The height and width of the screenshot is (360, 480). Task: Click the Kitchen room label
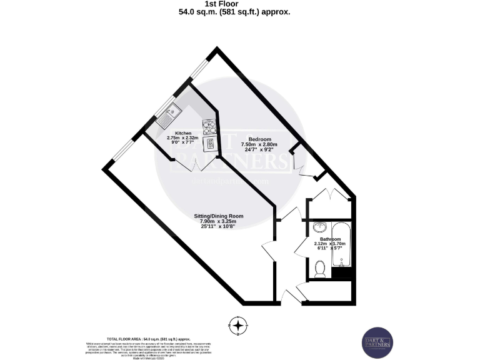pos(183,133)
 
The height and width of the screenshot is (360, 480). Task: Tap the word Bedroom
pos(259,139)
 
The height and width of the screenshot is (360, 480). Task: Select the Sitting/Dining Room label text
pos(217,216)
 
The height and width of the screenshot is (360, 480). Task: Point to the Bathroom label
pos(330,239)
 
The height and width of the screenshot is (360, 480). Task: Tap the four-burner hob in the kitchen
pos(209,127)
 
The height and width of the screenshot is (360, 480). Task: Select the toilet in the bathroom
pos(321,267)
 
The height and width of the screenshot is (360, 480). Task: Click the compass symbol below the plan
pos(237,325)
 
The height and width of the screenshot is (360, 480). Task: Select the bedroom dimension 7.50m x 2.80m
pos(259,144)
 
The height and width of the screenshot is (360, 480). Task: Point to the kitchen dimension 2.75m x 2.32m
pos(183,137)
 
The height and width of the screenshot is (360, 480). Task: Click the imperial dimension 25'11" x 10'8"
pos(217,227)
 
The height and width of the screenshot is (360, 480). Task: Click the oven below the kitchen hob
pos(211,144)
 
